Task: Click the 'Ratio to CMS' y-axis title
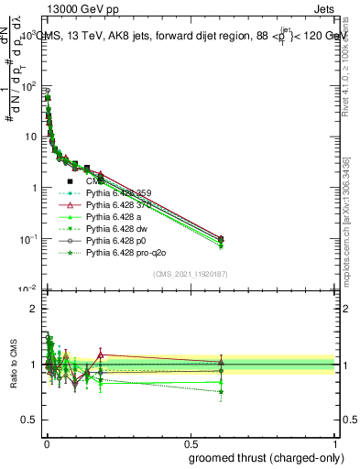coord(14,365)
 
